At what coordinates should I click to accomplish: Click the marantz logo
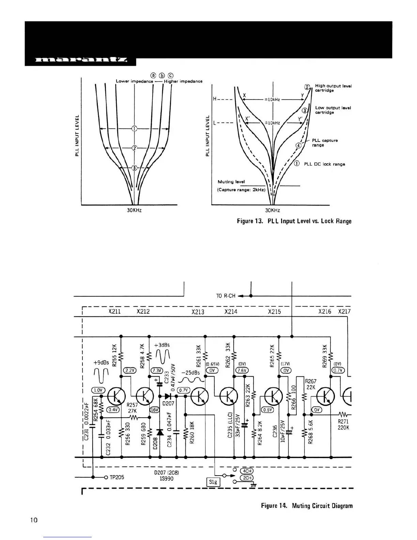coord(81,61)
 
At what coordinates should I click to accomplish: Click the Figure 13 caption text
coord(294,221)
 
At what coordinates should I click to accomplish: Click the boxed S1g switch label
coord(214,482)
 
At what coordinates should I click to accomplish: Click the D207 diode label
coord(168,403)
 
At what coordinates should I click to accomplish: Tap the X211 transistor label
coord(114,311)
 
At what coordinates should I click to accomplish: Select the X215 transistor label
coord(274,311)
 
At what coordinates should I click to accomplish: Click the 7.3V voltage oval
coord(157,371)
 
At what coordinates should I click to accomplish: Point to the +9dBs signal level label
coord(101,363)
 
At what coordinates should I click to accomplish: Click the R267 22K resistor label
coord(311,384)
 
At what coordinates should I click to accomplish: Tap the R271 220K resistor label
coord(343,424)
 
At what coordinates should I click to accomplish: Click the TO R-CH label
coord(226,296)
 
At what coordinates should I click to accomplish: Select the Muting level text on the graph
coord(231,182)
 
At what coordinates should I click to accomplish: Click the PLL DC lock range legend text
coord(324,164)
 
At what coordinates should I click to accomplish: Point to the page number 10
coord(34,520)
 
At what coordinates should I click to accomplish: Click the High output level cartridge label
coord(333,88)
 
